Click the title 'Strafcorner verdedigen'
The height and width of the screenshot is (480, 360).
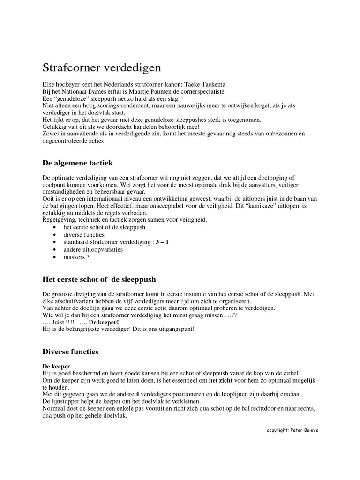click(x=102, y=67)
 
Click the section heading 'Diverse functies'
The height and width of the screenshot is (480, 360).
click(x=71, y=351)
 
